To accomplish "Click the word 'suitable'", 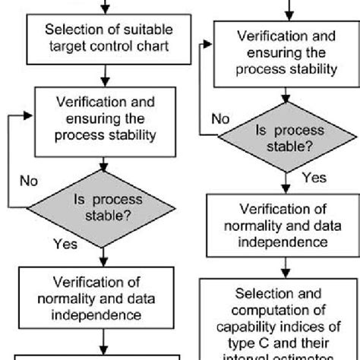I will tap(147, 30).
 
